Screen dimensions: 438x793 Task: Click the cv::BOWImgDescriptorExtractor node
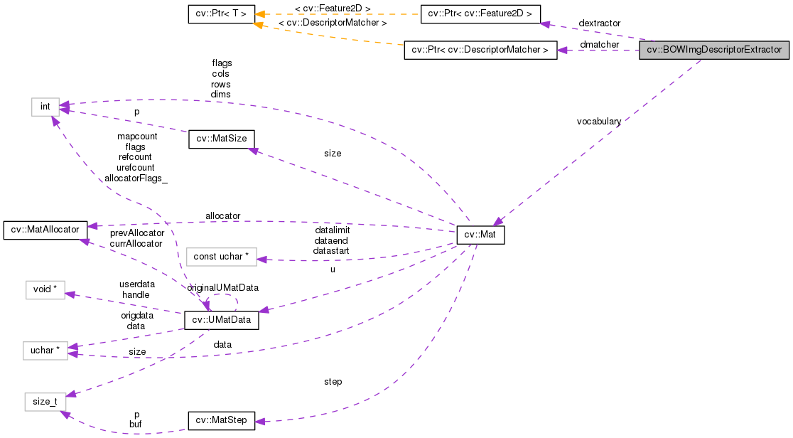tap(714, 50)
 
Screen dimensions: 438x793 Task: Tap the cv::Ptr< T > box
tap(221, 14)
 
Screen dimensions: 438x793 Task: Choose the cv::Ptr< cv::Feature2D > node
tap(480, 14)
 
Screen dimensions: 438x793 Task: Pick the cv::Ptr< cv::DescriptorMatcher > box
tap(480, 50)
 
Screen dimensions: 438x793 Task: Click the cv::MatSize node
tap(221, 139)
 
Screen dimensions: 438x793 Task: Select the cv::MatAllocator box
tap(45, 230)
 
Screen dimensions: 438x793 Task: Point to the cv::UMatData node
tap(221, 321)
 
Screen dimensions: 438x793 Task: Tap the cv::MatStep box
tap(221, 420)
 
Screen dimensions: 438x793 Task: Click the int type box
tap(45, 107)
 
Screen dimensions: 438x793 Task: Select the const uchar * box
tap(220, 257)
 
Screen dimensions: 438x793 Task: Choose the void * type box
tap(45, 290)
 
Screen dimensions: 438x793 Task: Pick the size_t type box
tap(45, 402)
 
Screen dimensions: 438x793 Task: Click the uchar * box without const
tap(45, 351)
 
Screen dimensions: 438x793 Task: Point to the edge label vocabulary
tap(599, 122)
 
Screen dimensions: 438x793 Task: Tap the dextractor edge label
tap(599, 24)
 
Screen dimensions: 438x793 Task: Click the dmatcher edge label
tap(599, 45)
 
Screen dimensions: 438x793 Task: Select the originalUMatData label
tap(223, 287)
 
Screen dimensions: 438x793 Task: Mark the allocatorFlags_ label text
tap(136, 178)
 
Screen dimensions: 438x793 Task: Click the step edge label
tap(333, 382)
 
